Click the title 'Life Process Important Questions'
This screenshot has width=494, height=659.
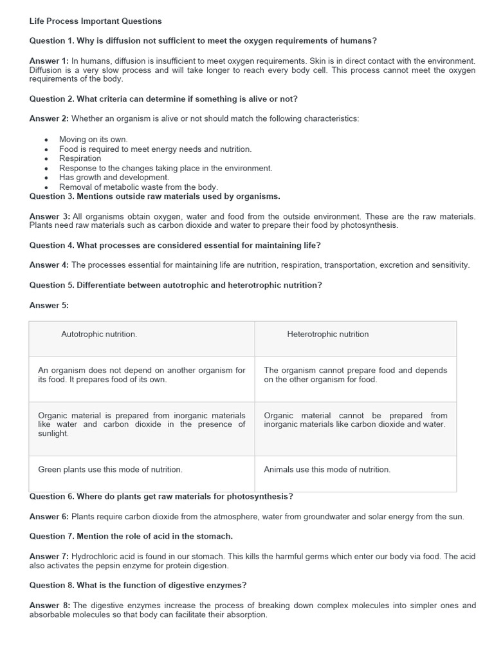[95, 21]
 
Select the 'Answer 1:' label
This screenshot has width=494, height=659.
[49, 60]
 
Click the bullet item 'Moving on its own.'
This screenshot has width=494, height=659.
[93, 139]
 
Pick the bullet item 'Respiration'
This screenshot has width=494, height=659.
[80, 158]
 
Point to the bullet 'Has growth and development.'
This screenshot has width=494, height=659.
[114, 177]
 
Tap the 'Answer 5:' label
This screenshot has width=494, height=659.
[49, 305]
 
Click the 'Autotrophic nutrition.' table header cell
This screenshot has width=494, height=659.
[99, 334]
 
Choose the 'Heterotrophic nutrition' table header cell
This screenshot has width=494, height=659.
[327, 334]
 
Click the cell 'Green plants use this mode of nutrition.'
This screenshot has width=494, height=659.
[110, 469]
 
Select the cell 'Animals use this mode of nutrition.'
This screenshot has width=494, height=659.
[327, 469]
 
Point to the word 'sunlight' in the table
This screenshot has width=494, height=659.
[53, 434]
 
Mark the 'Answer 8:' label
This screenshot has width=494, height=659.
[49, 605]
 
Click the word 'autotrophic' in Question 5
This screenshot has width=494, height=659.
[176, 285]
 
